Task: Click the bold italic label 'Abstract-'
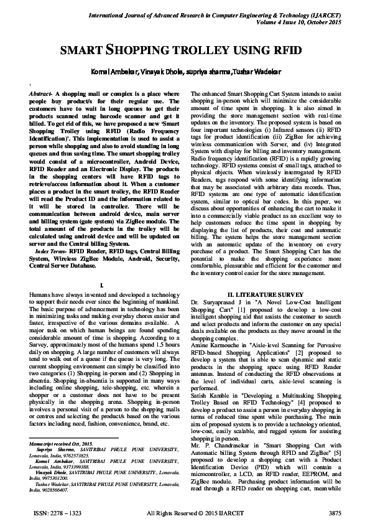[40, 92]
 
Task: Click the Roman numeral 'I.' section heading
[108, 284]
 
